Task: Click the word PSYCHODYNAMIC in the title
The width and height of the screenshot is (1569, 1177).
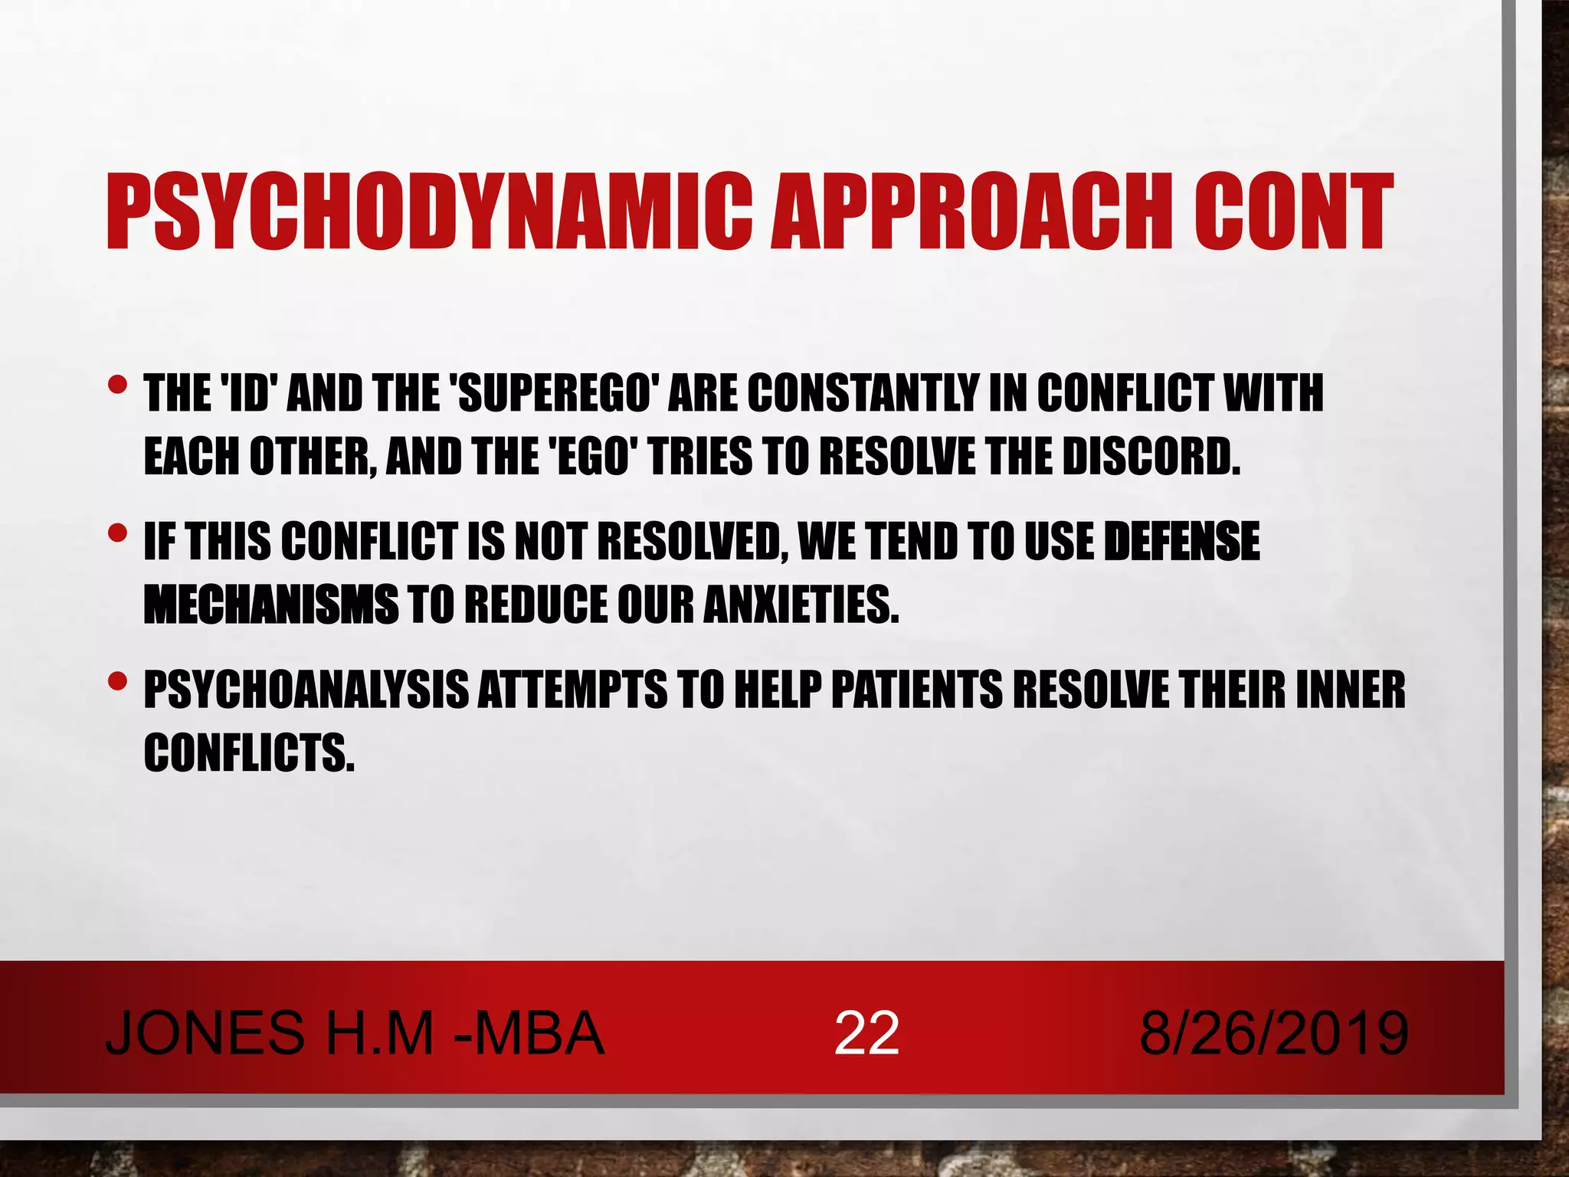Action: click(429, 212)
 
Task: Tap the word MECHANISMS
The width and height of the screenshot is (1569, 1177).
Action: click(271, 605)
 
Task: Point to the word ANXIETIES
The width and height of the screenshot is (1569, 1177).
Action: click(800, 605)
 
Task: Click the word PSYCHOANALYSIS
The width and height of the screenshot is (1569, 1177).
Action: click(306, 690)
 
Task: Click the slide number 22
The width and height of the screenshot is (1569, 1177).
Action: click(866, 1034)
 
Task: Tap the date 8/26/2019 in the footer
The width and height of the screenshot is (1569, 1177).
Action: click(1273, 1034)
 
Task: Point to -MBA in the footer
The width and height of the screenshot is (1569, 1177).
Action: click(529, 1034)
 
